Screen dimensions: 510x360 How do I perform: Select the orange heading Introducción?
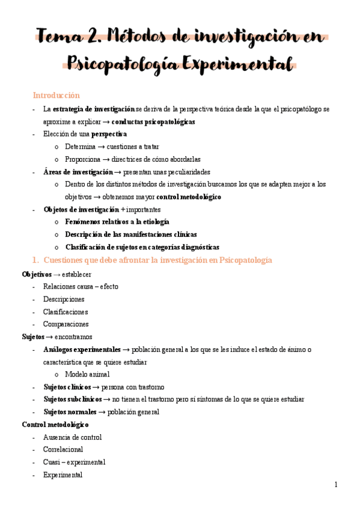[x=56, y=95]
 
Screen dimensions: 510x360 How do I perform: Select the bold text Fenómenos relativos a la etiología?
[x=117, y=222]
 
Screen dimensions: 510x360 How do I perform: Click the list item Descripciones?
[x=64, y=299]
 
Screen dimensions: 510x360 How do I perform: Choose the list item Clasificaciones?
[x=66, y=312]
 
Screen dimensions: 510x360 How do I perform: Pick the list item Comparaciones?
[x=66, y=324]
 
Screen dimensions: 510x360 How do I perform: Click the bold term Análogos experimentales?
[x=82, y=349]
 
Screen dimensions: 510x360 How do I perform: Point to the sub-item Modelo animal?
[x=87, y=374]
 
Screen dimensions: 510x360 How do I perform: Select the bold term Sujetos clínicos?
[x=67, y=387]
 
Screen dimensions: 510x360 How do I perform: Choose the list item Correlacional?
[x=63, y=449]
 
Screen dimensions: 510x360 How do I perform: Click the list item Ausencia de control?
[x=72, y=437]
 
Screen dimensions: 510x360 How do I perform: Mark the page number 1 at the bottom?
[x=335, y=485]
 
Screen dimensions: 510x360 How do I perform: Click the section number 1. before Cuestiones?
[x=35, y=260]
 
